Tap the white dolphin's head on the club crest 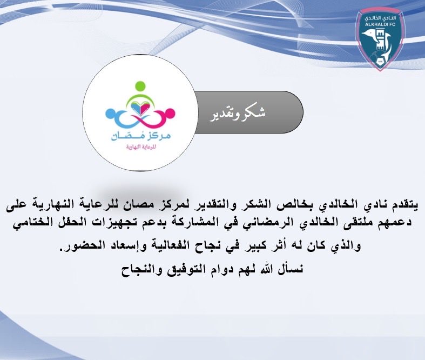[372, 38]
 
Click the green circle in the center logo [140, 86]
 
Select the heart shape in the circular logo [140, 107]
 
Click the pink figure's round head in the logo [171, 114]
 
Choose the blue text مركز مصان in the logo [139, 135]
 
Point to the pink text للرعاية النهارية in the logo [139, 147]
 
